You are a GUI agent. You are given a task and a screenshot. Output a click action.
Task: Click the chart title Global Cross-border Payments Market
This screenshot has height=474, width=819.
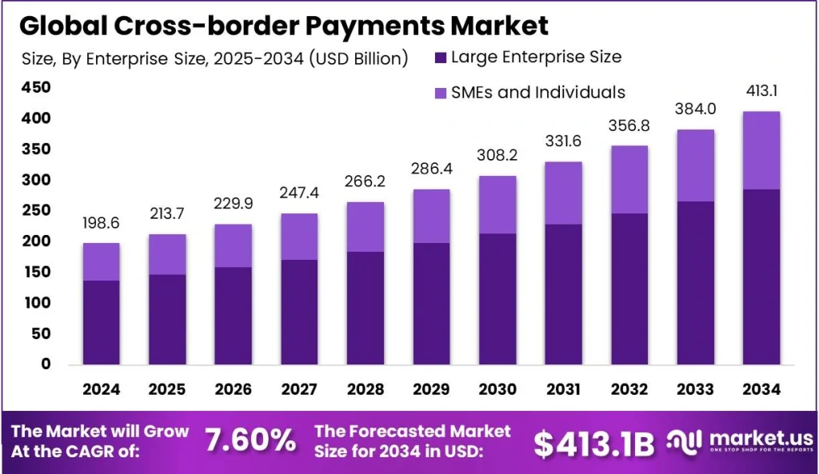(284, 25)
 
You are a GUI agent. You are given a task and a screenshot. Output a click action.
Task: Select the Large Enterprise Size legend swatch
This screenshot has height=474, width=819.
(440, 58)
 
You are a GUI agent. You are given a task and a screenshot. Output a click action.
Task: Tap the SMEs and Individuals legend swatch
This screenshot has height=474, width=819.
(440, 93)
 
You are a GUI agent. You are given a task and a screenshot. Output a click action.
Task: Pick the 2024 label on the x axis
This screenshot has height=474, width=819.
(101, 389)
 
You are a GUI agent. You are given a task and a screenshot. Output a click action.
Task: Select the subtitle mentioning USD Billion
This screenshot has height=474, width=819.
(214, 58)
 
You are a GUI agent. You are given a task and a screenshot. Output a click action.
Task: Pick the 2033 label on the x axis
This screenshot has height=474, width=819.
(697, 389)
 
